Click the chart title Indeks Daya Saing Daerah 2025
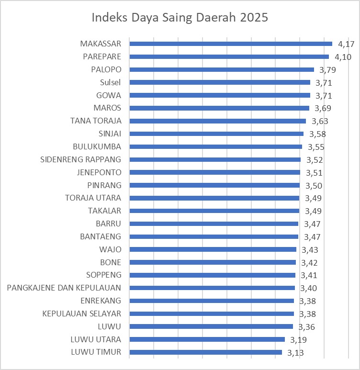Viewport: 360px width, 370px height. [180, 18]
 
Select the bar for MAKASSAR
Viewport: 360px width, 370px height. [231, 44]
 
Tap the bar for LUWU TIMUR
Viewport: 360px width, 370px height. [206, 353]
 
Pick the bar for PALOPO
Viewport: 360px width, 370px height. [222, 69]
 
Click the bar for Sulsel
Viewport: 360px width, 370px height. [220, 82]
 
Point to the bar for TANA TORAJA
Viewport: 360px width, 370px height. [218, 121]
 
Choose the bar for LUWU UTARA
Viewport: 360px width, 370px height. [207, 340]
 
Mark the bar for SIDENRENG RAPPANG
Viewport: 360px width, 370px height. [215, 159]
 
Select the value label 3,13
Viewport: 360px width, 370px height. [296, 353]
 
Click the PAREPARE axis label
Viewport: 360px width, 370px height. [102, 56]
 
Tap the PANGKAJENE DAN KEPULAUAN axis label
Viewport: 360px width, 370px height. [65, 288]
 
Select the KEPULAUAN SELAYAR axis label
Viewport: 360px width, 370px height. [81, 314]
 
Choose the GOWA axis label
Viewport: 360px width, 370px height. [109, 95]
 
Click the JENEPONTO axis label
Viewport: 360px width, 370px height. [99, 172]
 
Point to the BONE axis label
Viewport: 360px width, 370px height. [111, 262]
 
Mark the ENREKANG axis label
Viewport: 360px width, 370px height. [101, 301]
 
